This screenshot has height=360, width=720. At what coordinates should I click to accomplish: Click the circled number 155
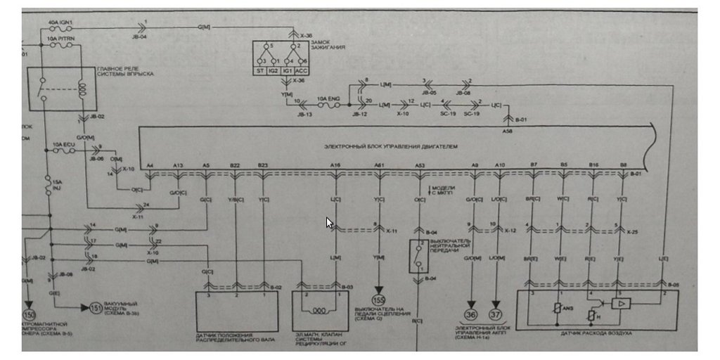[379, 298]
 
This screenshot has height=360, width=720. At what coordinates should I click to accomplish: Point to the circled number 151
[96, 307]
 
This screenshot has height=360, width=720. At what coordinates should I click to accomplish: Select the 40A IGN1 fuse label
[60, 22]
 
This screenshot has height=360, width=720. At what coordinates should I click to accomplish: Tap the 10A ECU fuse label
[63, 146]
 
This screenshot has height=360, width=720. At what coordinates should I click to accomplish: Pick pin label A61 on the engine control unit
[379, 165]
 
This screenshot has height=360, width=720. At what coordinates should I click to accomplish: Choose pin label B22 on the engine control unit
[234, 165]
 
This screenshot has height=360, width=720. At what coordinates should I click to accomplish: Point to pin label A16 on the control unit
[335, 165]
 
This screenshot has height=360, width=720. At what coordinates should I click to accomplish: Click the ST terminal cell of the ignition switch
[261, 71]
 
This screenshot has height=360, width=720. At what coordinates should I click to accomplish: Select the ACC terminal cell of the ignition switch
[301, 71]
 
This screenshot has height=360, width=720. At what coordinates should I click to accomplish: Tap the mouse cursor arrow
[329, 223]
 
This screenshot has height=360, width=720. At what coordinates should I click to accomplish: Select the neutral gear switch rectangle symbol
[419, 256]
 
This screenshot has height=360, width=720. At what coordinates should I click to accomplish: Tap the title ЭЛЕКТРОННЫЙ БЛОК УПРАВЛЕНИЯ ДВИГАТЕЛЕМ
[391, 147]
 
